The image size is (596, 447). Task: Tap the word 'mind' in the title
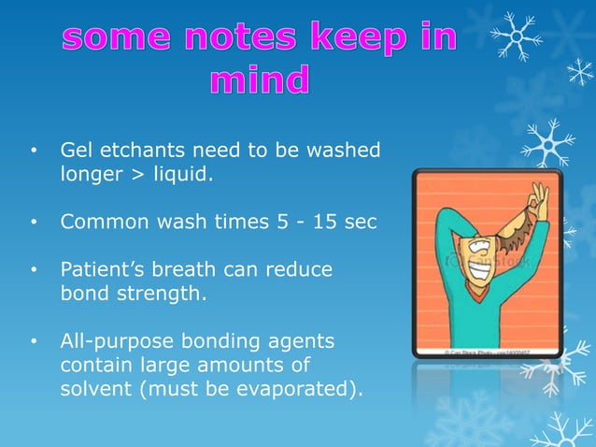click(x=260, y=81)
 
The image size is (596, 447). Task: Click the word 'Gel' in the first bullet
click(x=77, y=150)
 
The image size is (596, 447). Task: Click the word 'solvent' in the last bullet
click(x=95, y=391)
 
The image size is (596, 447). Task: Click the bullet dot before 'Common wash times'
click(x=34, y=223)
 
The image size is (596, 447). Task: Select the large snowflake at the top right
click(x=518, y=35)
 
